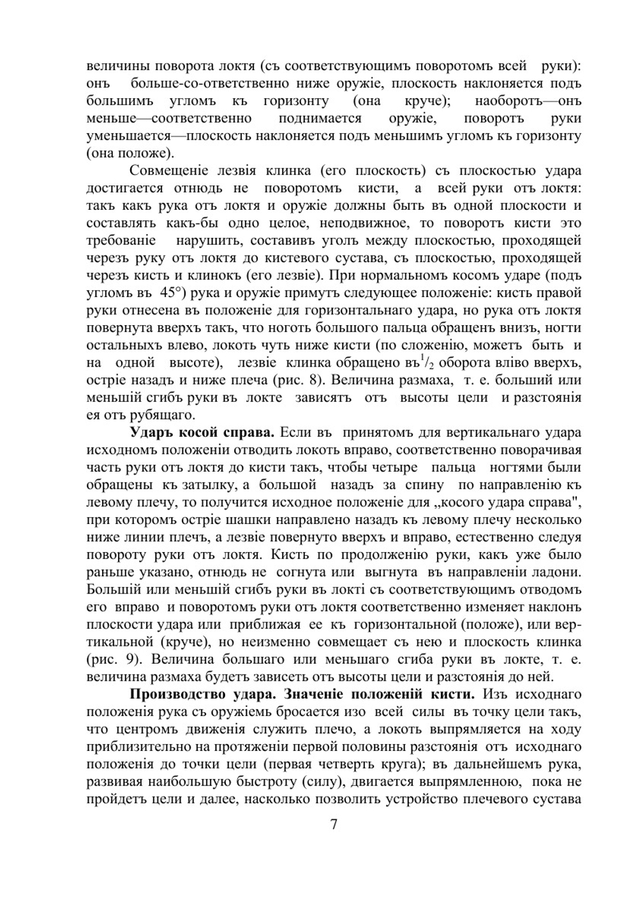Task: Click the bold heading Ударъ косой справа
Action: pyautogui.click(x=202, y=433)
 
